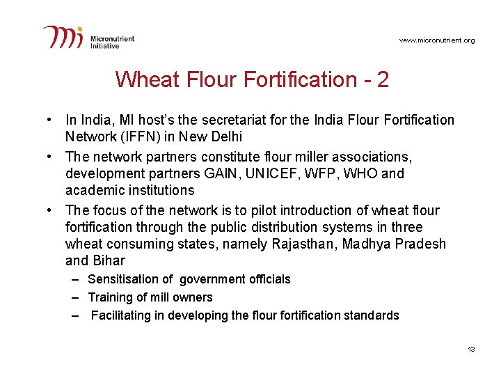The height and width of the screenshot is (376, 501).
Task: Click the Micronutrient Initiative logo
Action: point(88,37)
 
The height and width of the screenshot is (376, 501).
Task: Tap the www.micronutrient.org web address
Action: point(437,40)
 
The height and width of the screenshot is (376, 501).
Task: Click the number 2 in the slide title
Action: point(382,79)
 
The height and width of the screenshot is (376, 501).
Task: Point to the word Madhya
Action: point(365,244)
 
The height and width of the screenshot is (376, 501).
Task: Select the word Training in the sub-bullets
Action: point(110,297)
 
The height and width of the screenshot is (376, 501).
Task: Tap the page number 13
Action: point(471,349)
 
